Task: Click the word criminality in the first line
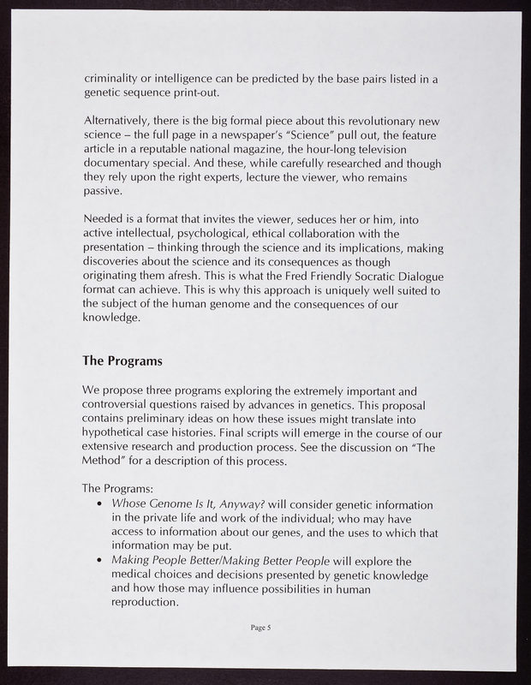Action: (113, 79)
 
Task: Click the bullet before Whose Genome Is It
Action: (103, 504)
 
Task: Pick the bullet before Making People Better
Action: (103, 561)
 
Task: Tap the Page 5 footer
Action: (261, 628)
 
